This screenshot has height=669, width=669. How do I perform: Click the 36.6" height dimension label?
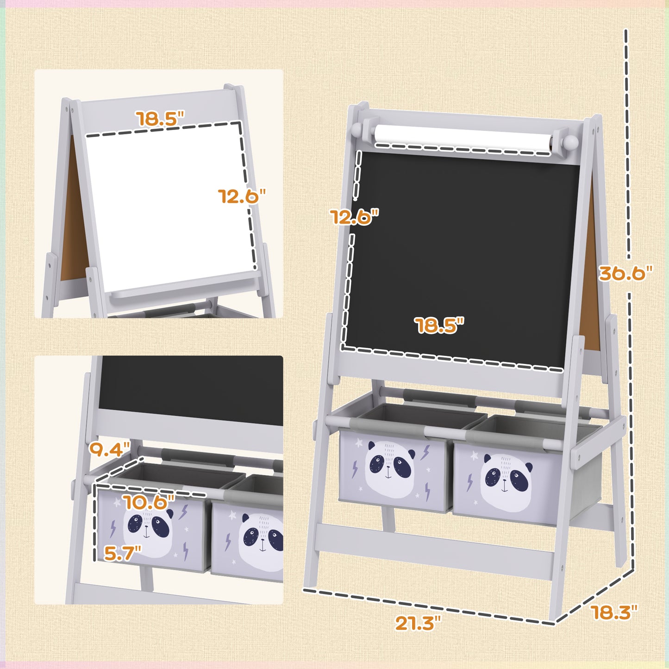point(625,274)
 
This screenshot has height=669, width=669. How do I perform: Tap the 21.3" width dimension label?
point(415,623)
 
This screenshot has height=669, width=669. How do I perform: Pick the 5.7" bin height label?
point(122,553)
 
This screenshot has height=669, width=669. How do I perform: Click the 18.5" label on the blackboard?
point(439,325)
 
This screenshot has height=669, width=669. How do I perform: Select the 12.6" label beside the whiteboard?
point(242,196)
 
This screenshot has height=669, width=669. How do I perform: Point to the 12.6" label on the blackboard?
point(354,216)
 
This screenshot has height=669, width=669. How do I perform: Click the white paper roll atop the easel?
point(463,135)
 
